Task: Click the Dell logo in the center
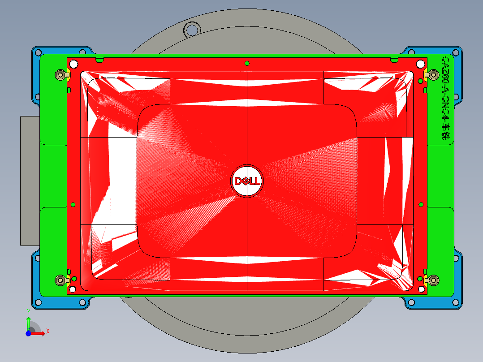[x=246, y=181]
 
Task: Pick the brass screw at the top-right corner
[x=433, y=74]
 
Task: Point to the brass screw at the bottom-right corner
[x=433, y=280]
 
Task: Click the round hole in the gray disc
[x=191, y=30]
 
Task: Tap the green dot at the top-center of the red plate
[x=247, y=63]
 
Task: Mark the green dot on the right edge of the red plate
[x=421, y=205]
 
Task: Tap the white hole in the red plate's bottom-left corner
[x=73, y=289]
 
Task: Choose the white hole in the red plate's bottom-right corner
[x=420, y=289]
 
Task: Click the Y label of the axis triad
[x=28, y=311]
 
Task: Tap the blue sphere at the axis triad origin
[x=28, y=333]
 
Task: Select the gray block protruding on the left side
[x=30, y=179]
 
